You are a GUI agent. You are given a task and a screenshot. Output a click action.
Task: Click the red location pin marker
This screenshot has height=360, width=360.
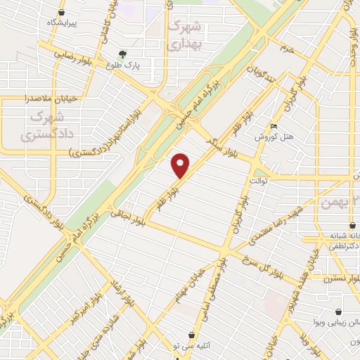tap(181, 166)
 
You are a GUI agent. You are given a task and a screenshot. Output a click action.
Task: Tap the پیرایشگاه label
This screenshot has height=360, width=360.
tap(60, 22)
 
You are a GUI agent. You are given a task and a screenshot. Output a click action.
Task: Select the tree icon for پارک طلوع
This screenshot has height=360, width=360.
tap(123, 53)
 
